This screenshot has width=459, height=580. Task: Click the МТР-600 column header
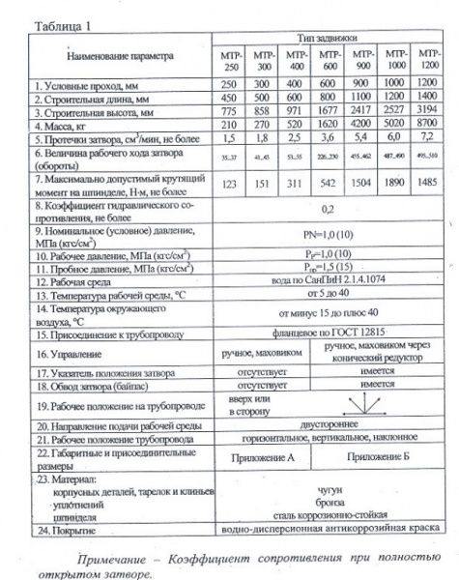pos(329,60)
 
